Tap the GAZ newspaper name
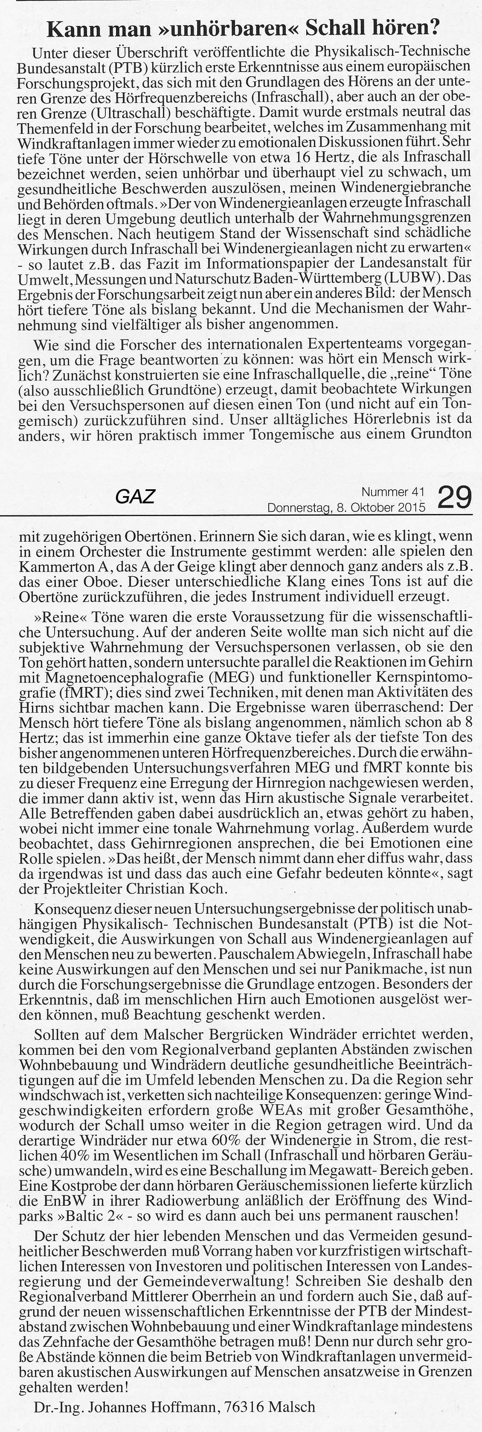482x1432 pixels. (x=135, y=497)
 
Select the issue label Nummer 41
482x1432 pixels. (x=393, y=491)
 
